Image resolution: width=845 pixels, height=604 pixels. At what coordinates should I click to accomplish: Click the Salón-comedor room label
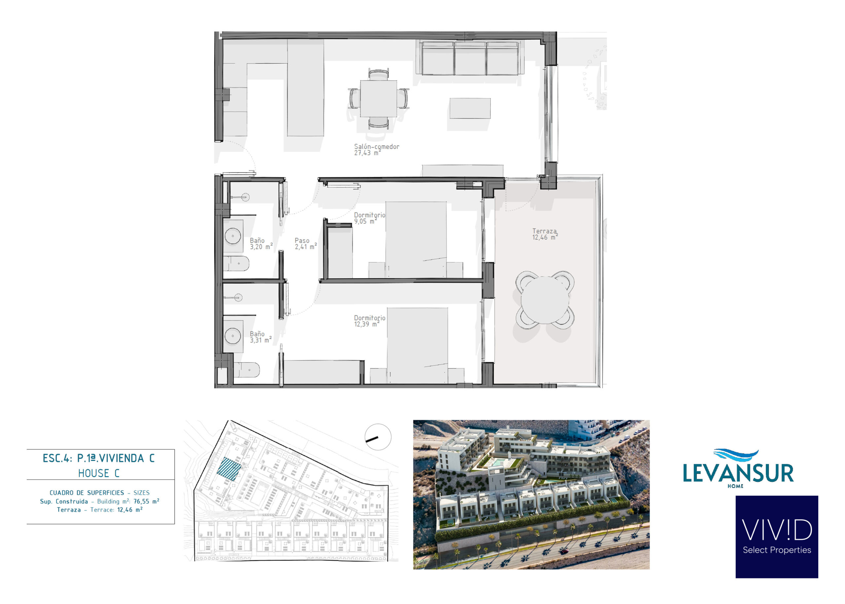[x=376, y=149]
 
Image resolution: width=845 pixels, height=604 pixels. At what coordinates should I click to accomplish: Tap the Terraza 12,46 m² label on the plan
[x=545, y=234]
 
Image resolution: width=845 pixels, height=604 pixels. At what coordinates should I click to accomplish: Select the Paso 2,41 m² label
[x=305, y=243]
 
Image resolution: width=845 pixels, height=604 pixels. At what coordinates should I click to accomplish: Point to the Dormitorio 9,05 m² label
[x=369, y=218]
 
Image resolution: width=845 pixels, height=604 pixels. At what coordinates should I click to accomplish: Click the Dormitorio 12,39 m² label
[x=369, y=321]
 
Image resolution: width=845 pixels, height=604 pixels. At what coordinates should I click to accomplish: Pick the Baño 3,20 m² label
[x=261, y=243]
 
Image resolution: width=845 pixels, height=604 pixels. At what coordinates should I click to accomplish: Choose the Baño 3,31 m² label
[x=260, y=337]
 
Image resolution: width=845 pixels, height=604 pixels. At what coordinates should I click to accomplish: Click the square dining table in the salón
[x=378, y=99]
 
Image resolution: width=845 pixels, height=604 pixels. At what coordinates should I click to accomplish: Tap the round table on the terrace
[x=545, y=300]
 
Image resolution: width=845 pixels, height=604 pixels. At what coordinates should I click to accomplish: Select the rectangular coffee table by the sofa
[x=470, y=108]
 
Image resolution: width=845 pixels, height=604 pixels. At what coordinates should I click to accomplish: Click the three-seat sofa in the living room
[x=470, y=58]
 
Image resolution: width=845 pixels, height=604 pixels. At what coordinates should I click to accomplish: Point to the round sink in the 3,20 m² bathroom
[x=233, y=236]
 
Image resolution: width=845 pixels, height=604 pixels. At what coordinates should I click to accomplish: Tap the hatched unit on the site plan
[x=229, y=469]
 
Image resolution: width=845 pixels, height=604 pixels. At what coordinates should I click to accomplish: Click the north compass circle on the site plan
[x=378, y=437]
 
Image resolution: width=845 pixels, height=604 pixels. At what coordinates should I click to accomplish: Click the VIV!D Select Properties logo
[x=777, y=536]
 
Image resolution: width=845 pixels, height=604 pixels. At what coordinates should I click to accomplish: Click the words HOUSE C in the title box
[x=99, y=473]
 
